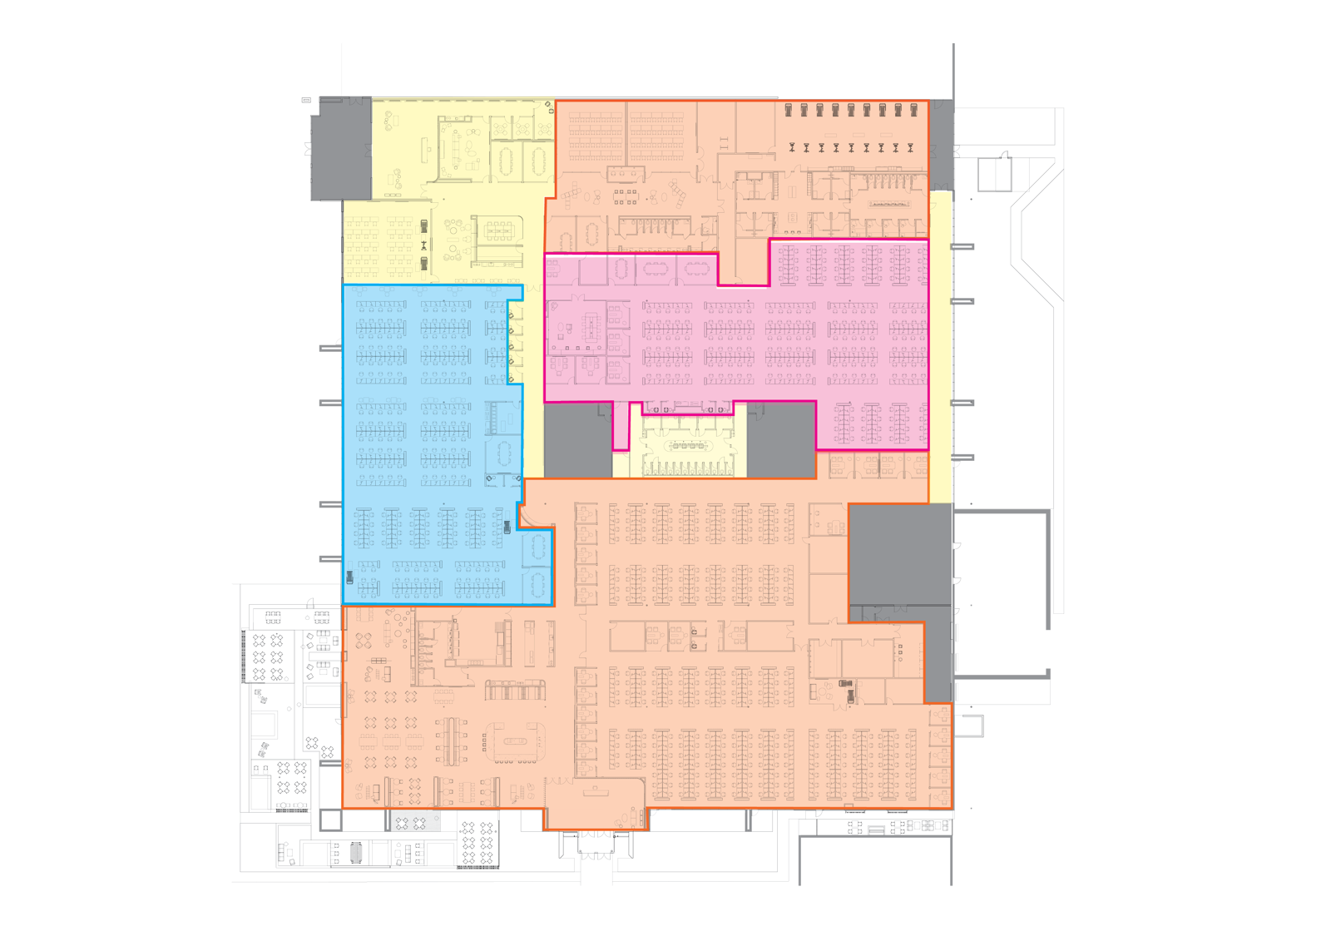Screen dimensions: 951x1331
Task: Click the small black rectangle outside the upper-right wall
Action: (x=987, y=175)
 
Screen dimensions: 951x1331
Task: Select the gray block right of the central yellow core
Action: (x=782, y=439)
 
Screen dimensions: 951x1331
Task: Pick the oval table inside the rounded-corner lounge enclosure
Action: (x=518, y=740)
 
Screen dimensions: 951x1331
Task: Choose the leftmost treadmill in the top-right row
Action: (x=789, y=109)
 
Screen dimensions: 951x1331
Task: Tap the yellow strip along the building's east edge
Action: (x=940, y=349)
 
